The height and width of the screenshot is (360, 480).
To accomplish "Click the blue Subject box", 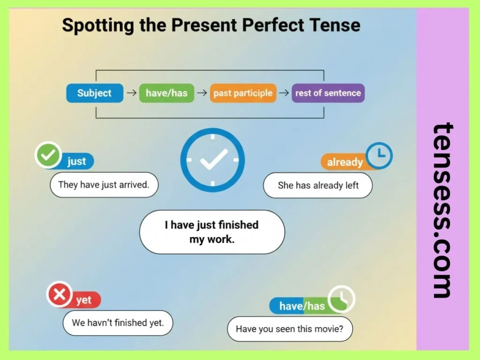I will [x=95, y=93].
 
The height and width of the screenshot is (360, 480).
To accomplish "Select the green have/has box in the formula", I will [x=166, y=93].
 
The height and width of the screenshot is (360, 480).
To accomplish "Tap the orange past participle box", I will [x=243, y=93].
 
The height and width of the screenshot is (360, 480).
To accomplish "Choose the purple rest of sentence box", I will [x=328, y=93].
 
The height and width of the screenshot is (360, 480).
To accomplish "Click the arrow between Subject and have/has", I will [x=131, y=93].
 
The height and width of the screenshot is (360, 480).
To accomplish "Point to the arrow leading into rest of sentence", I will [x=284, y=93].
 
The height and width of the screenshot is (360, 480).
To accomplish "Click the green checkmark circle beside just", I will [x=48, y=156].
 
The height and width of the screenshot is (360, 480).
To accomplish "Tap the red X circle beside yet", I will [x=59, y=294].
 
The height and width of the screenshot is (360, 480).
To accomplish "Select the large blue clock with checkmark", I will [x=212, y=160].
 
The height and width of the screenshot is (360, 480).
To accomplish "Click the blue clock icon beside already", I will [x=379, y=156].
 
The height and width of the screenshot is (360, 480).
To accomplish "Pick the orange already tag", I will [x=345, y=162].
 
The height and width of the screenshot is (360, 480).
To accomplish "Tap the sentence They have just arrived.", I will [x=104, y=184].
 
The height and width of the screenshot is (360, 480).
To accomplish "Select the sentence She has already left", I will [x=318, y=185].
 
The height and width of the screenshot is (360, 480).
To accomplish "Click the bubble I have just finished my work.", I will [x=212, y=232].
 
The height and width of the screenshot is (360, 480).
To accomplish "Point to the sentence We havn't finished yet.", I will [x=118, y=322].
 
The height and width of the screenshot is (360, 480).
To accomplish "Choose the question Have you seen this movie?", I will [x=290, y=329].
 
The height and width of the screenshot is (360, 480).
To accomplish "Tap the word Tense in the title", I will [x=336, y=24].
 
